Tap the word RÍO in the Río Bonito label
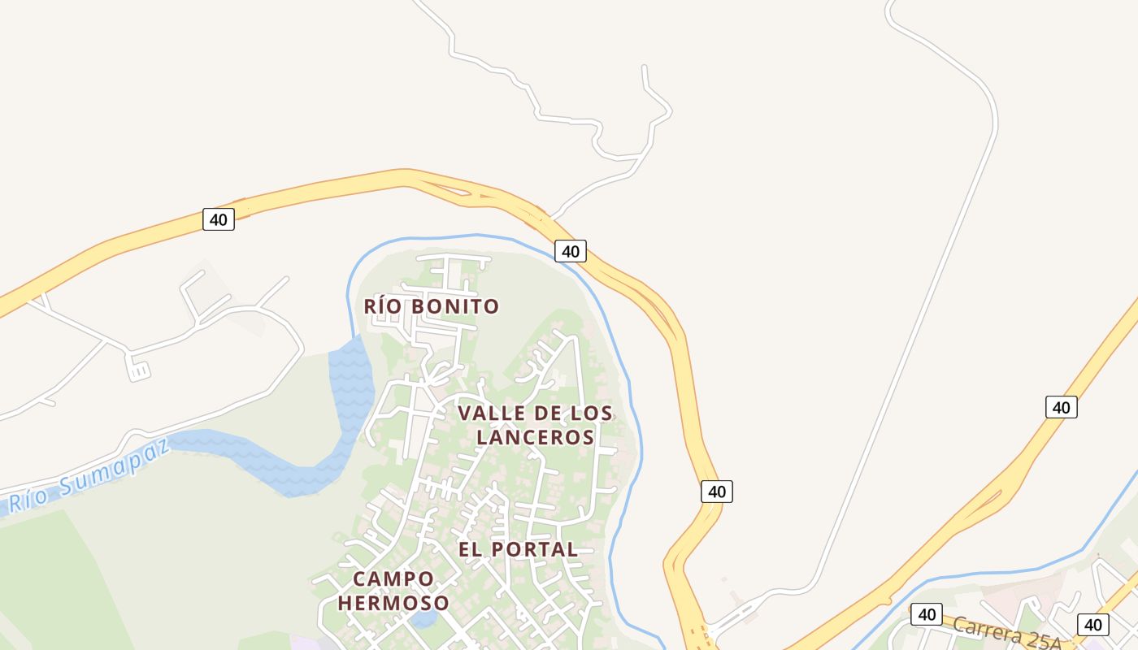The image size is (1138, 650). pyautogui.click(x=383, y=306)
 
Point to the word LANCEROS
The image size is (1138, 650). pyautogui.click(x=536, y=437)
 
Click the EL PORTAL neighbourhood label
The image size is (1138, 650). pyautogui.click(x=518, y=549)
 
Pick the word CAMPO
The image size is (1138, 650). pyautogui.click(x=393, y=578)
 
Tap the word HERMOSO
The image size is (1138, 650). pyautogui.click(x=393, y=603)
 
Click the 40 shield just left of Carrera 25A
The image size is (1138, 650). pyautogui.click(x=926, y=614)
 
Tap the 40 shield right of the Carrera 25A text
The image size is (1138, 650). pyautogui.click(x=1092, y=625)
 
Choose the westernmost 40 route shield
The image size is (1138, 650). pyautogui.click(x=218, y=219)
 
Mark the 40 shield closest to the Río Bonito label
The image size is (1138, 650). pyautogui.click(x=571, y=251)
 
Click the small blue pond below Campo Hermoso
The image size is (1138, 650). pyautogui.click(x=423, y=619)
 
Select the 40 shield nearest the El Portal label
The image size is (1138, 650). pyautogui.click(x=716, y=491)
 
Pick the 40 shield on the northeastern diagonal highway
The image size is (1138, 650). pyautogui.click(x=1061, y=407)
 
